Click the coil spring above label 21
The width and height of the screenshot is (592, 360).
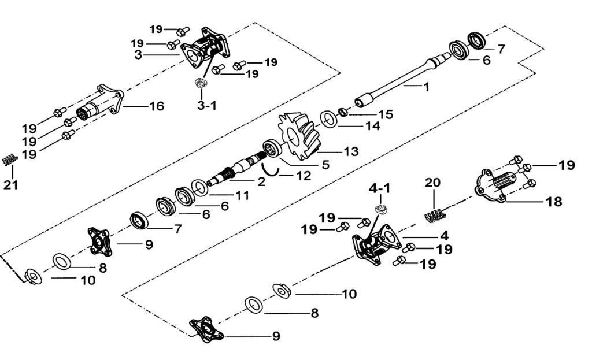(8, 160)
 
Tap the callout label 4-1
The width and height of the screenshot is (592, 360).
(380, 188)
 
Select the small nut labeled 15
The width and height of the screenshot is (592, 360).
(342, 111)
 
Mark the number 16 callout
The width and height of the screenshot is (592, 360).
(156, 106)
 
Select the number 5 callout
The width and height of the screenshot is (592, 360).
(325, 165)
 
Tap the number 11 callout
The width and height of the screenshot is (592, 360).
(242, 196)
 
